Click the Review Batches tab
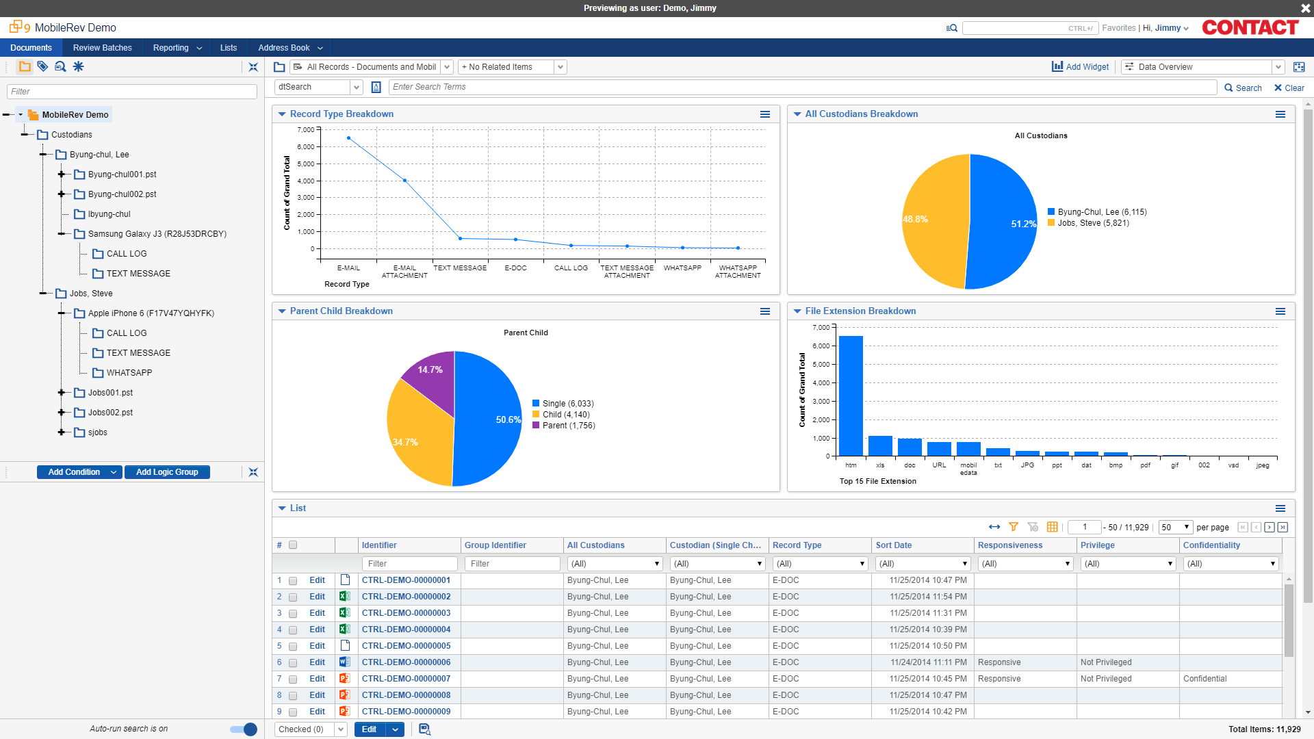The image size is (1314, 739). click(x=102, y=48)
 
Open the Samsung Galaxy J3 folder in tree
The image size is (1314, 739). click(x=157, y=234)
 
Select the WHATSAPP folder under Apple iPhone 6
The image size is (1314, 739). click(x=129, y=373)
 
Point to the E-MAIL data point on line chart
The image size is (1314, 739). click(x=349, y=138)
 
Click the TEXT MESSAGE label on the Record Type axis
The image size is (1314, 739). click(x=460, y=268)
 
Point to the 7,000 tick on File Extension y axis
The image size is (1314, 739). click(x=821, y=328)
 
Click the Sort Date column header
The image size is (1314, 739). click(x=893, y=545)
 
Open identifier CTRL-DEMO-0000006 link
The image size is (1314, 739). click(x=406, y=662)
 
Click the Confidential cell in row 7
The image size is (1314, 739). click(x=1204, y=679)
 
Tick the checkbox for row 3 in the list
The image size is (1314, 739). click(x=293, y=614)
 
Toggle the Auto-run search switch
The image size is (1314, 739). click(x=244, y=729)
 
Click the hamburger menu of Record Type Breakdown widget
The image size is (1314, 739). click(x=765, y=114)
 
